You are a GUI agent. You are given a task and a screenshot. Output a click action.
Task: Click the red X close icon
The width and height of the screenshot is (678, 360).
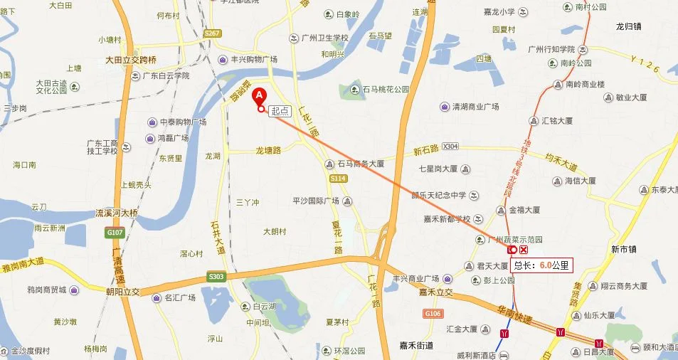(x=524, y=250)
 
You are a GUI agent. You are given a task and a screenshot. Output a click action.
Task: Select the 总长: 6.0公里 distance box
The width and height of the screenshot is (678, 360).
(x=541, y=265)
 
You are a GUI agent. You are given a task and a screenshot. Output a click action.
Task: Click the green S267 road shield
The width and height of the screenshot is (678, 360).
(x=213, y=33)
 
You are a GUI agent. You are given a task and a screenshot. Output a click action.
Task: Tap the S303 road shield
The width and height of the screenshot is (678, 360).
(x=216, y=276)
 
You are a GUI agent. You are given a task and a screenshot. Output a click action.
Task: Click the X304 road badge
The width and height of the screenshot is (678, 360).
(x=450, y=146)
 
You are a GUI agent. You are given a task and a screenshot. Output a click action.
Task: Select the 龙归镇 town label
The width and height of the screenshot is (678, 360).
(x=629, y=26)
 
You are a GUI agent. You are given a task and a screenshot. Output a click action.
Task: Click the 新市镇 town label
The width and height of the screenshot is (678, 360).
(x=626, y=248)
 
